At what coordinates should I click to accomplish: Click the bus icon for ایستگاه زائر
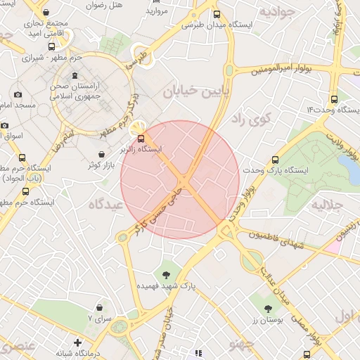coord(141,138)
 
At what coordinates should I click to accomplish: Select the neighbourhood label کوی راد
coord(250,119)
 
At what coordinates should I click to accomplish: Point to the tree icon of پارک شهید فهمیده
coord(167,275)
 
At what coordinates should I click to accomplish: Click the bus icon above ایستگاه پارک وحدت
coord(275,160)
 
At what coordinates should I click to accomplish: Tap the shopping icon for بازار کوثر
coord(103,154)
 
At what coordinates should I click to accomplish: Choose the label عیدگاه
coord(106,203)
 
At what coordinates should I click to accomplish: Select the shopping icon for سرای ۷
coord(100,307)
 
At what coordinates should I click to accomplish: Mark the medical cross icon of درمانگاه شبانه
coord(77,342)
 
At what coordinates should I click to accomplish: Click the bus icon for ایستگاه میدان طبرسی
coord(216,13)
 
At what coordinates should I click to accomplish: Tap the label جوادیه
coord(275,13)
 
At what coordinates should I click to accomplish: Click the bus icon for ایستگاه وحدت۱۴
coord(333,99)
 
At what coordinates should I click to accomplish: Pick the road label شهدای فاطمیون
coord(284,241)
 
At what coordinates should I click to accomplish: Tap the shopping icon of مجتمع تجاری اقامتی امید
coord(46,13)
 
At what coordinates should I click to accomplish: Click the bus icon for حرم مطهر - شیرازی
coord(51,46)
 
